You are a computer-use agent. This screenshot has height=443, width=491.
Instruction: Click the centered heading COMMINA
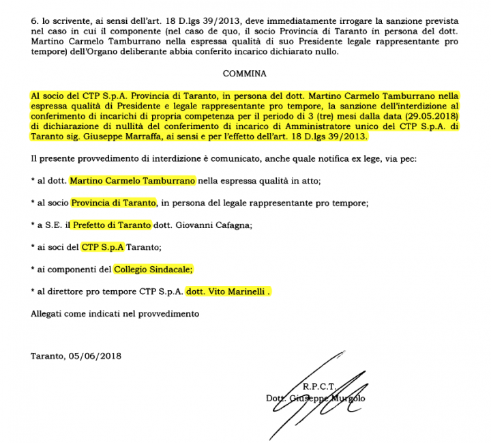(x=245, y=72)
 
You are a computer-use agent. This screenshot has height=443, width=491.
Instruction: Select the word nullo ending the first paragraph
(x=325, y=53)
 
